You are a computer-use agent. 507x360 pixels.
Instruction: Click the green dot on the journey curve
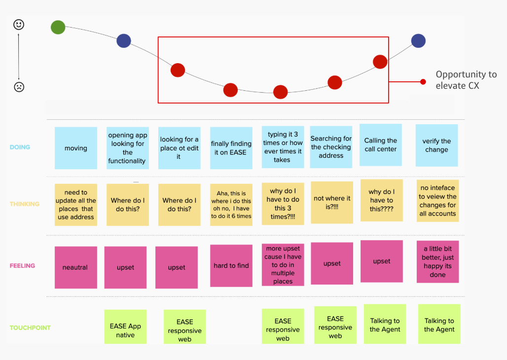click(x=58, y=27)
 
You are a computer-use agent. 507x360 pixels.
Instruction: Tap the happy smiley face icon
click(x=19, y=25)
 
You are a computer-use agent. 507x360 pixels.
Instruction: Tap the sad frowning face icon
click(x=19, y=87)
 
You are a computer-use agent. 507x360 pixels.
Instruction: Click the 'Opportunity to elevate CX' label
click(x=466, y=80)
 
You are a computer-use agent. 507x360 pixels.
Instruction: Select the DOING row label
click(x=20, y=147)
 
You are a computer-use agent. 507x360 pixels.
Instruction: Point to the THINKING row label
click(x=24, y=204)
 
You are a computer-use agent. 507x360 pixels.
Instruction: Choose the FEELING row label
click(x=22, y=266)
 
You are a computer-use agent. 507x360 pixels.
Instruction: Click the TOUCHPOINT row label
click(x=30, y=327)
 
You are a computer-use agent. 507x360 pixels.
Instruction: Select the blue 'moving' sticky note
click(x=76, y=148)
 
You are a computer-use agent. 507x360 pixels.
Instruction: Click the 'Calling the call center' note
click(x=380, y=145)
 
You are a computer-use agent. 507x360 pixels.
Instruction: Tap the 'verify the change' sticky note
click(x=436, y=145)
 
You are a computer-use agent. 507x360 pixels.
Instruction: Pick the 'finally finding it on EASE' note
click(x=231, y=148)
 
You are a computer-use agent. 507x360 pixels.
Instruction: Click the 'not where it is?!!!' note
click(x=332, y=202)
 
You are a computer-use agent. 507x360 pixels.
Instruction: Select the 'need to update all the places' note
click(x=76, y=205)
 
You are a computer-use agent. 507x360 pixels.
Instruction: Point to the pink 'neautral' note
click(x=75, y=267)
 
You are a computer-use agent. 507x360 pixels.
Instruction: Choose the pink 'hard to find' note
click(x=231, y=265)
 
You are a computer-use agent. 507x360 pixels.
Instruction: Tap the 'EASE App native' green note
click(x=125, y=326)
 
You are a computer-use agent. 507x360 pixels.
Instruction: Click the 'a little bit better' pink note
click(x=437, y=262)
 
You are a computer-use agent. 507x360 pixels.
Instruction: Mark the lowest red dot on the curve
click(x=280, y=92)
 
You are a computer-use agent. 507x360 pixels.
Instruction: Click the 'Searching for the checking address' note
click(x=331, y=147)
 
